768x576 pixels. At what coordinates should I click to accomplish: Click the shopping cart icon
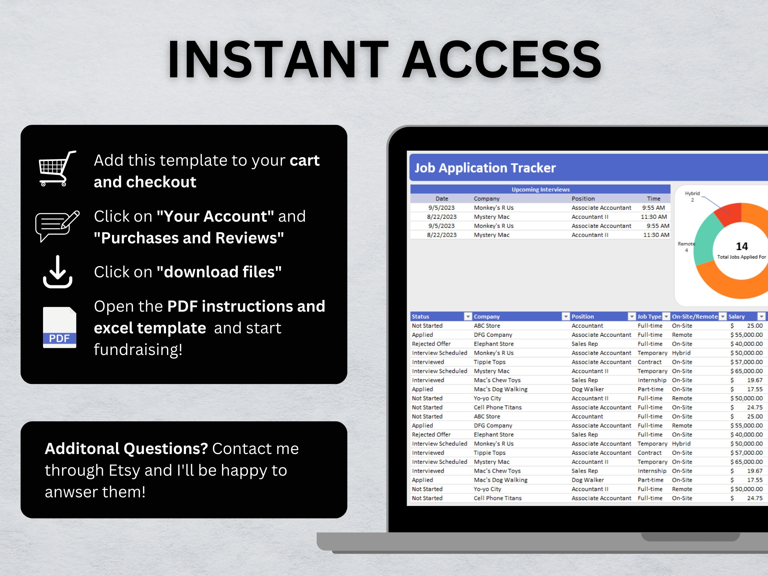pyautogui.click(x=57, y=169)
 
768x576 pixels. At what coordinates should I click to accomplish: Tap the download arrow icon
pyautogui.click(x=58, y=272)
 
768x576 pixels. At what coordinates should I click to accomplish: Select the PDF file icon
pyautogui.click(x=59, y=327)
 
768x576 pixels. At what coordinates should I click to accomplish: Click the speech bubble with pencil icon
pyautogui.click(x=57, y=226)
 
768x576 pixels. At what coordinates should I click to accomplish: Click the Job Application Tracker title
pyautogui.click(x=485, y=168)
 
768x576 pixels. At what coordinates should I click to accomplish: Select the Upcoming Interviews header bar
pyautogui.click(x=540, y=189)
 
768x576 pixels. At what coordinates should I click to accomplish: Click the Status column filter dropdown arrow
pyautogui.click(x=468, y=317)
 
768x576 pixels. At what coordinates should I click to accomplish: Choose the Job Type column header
pyautogui.click(x=649, y=317)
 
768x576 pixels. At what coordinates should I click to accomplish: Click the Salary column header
pyautogui.click(x=736, y=317)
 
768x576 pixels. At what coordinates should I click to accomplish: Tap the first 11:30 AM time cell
pyautogui.click(x=653, y=217)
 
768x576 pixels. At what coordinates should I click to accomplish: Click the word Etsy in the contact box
pyautogui.click(x=124, y=470)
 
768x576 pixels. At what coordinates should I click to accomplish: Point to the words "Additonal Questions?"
pyautogui.click(x=126, y=449)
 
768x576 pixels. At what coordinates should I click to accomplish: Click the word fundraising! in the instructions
pyautogui.click(x=138, y=350)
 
